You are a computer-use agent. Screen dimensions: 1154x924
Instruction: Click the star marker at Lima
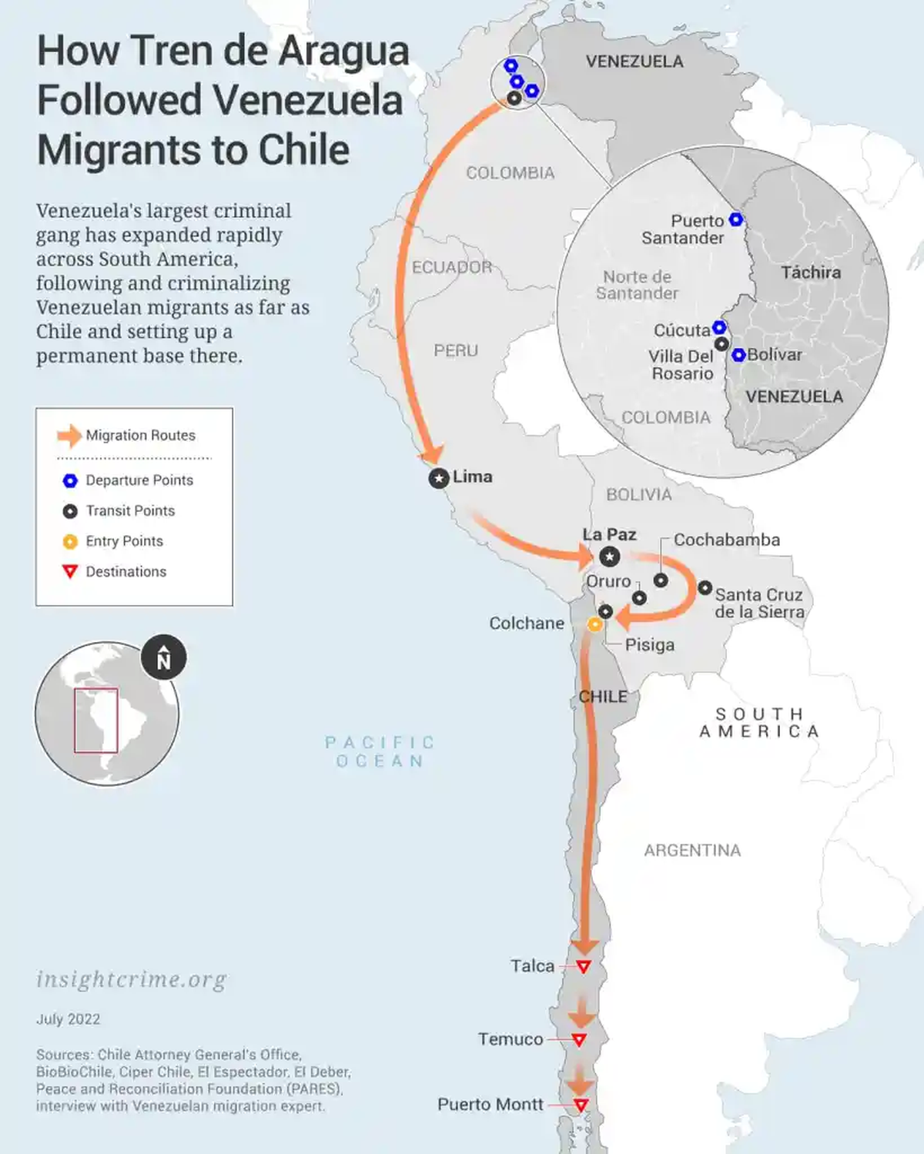[x=439, y=478]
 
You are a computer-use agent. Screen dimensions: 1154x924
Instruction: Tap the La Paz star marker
[x=610, y=556]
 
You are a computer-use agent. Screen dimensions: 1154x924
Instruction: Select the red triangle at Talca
[x=584, y=966]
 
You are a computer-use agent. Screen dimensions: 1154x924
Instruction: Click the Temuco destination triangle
[x=579, y=1040]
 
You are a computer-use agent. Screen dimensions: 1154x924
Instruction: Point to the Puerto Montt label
[x=490, y=1105]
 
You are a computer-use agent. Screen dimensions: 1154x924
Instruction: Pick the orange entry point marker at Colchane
[x=594, y=624]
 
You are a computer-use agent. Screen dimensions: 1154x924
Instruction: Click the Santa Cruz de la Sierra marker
[x=705, y=587]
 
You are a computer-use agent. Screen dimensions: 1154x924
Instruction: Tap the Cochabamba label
[x=726, y=540]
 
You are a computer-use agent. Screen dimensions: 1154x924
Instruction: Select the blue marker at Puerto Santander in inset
[x=736, y=219]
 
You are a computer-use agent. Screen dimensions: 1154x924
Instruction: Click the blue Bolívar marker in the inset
[x=738, y=355]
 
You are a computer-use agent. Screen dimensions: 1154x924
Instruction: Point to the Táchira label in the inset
[x=811, y=273]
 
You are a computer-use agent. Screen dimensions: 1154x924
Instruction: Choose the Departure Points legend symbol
[x=70, y=480]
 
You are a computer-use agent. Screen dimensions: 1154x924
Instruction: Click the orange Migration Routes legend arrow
[x=69, y=436]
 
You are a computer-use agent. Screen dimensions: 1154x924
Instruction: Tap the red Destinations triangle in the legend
[x=70, y=571]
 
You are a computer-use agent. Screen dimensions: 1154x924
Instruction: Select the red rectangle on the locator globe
[x=96, y=720]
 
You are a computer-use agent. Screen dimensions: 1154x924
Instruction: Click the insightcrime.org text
[x=132, y=979]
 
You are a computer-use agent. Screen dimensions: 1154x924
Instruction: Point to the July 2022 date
[x=68, y=1019]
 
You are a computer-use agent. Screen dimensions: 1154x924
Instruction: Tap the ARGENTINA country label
[x=692, y=851]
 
